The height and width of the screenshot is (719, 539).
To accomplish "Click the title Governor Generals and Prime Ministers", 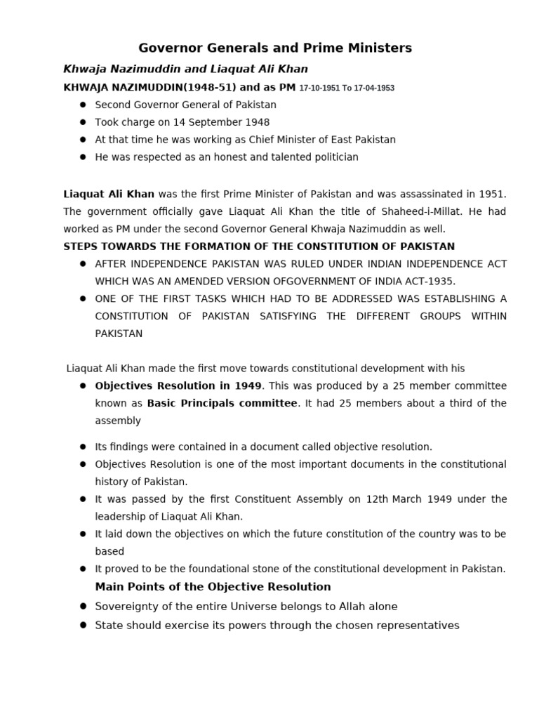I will (x=274, y=48).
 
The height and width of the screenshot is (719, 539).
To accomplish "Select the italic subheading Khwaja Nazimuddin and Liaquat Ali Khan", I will (x=185, y=69).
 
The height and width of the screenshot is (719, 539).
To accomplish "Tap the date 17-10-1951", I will (x=319, y=88).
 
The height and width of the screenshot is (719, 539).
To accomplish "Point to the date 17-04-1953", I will (x=374, y=88).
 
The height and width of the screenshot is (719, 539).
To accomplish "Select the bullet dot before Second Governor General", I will (x=83, y=105).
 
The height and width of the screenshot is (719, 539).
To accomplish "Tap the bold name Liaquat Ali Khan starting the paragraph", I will (x=109, y=194).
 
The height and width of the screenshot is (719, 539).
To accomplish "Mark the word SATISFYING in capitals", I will (x=288, y=316).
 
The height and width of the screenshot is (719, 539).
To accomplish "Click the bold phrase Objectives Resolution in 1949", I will (x=178, y=385).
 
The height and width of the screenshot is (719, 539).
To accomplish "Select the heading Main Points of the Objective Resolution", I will (x=213, y=586).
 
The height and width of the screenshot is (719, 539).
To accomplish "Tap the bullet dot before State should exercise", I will (x=83, y=625).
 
